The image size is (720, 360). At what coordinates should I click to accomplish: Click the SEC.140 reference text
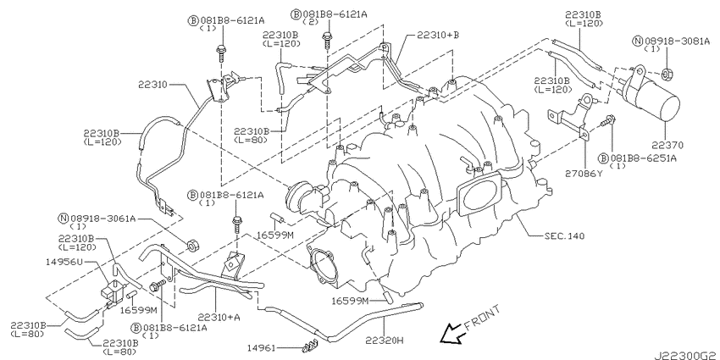pos(564,236)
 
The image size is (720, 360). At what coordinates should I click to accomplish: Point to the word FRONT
pos(482,318)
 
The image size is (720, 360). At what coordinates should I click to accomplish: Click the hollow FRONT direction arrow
pos(451,332)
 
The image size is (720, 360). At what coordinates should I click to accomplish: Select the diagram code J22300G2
pos(686,356)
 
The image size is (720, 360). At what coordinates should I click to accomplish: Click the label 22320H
pos(385,341)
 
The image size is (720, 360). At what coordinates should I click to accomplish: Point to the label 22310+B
pos(438,35)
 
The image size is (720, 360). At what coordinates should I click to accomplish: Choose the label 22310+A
pos(219,318)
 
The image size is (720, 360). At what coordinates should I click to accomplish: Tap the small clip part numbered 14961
pos(309,346)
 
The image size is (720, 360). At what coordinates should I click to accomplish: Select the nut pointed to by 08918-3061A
pos(192,246)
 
